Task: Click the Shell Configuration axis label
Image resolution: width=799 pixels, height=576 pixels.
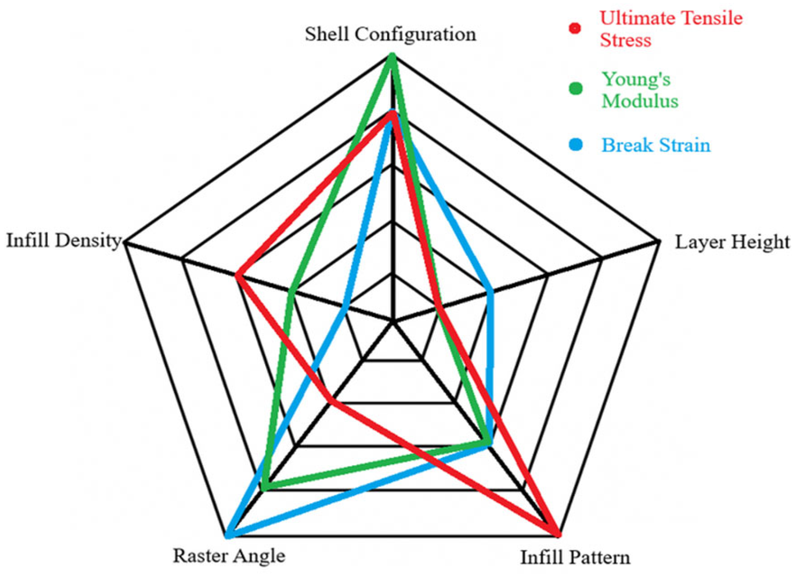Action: pyautogui.click(x=390, y=35)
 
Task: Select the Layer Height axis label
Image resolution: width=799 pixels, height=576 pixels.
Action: pyautogui.click(x=732, y=242)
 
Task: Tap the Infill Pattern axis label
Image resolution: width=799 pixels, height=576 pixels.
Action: pyautogui.click(x=576, y=557)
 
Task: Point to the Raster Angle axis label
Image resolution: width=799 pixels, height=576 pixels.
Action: pyautogui.click(x=229, y=555)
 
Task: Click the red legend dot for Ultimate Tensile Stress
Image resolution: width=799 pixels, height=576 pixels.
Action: pyautogui.click(x=575, y=28)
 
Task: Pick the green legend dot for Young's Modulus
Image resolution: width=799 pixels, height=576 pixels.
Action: pyautogui.click(x=576, y=88)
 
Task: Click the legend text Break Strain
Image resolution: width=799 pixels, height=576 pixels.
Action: pyautogui.click(x=656, y=145)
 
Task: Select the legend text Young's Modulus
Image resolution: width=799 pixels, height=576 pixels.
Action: pyautogui.click(x=640, y=90)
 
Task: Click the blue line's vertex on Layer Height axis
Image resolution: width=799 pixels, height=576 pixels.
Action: pyautogui.click(x=491, y=293)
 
